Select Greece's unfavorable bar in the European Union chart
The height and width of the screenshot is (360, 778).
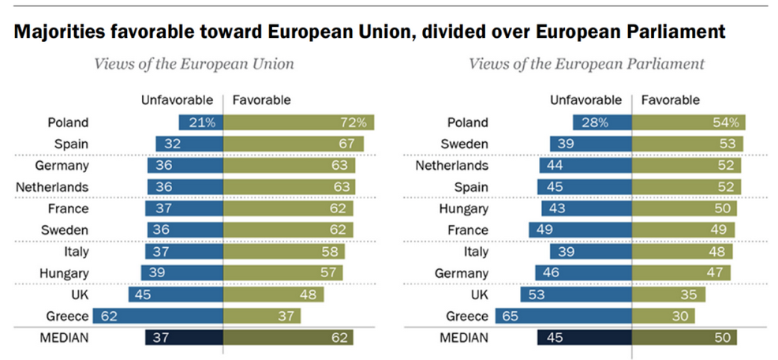coord(158,316)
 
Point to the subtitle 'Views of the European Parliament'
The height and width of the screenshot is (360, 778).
coord(586,63)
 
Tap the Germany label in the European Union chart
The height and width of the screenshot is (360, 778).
coord(62,166)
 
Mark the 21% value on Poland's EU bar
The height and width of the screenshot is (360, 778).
coord(207,122)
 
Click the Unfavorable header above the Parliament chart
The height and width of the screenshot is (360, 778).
coord(585,100)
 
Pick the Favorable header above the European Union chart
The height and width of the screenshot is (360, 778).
coord(261,100)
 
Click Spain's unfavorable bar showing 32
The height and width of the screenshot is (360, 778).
coord(189,144)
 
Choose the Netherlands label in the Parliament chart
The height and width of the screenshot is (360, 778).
coord(452,166)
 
